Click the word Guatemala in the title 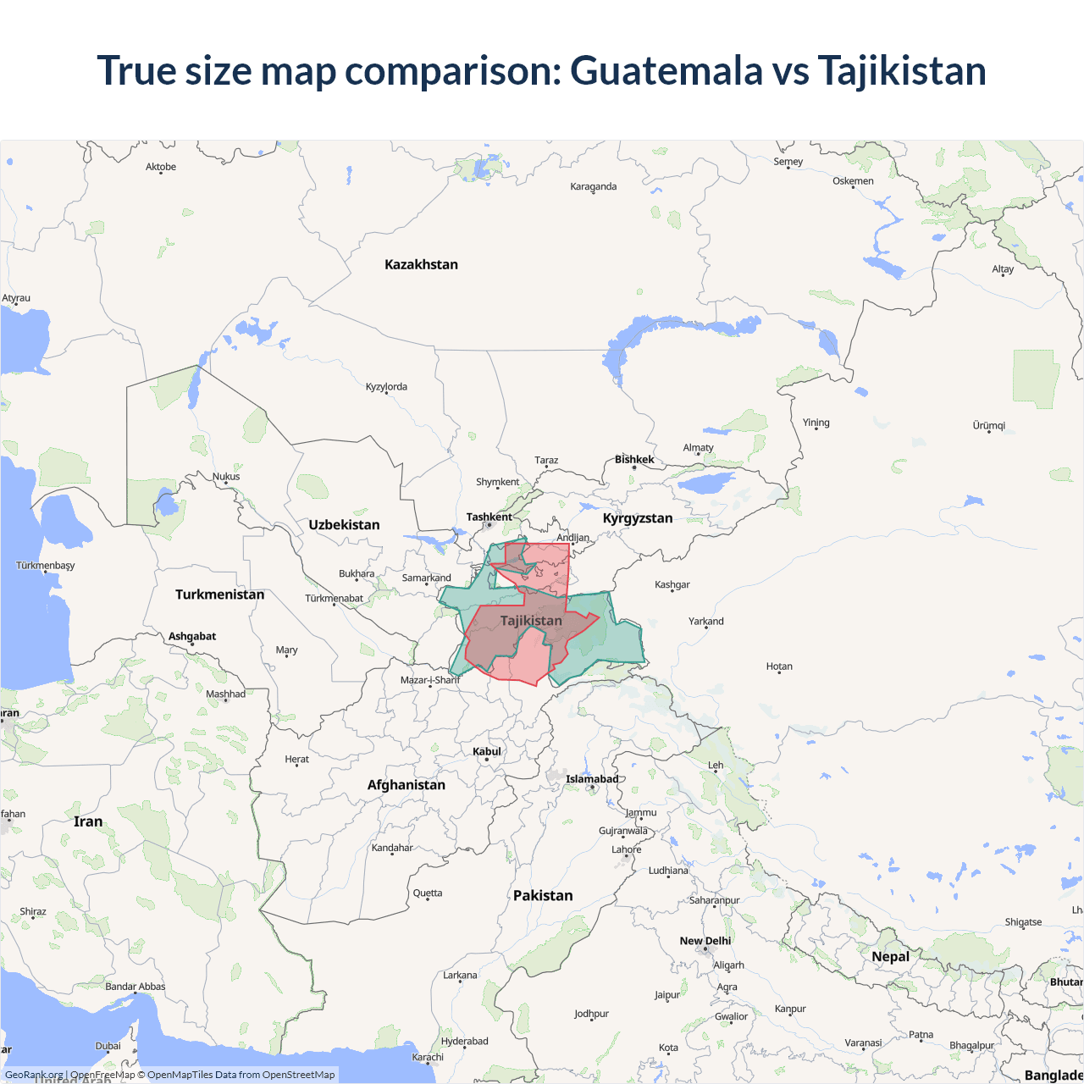point(666,70)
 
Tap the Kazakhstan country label point(421,264)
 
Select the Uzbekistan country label point(344,525)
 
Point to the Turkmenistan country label point(219,595)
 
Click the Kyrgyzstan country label point(638,518)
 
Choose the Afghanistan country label point(406,785)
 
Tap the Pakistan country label point(543,895)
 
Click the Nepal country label point(890,956)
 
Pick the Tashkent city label point(489,517)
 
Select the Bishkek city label point(634,459)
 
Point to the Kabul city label point(487,751)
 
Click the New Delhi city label point(705,941)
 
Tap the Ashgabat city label point(192,636)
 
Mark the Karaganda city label point(593,186)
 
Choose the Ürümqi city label point(988,425)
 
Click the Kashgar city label point(672,584)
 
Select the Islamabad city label point(592,779)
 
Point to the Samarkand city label point(426,578)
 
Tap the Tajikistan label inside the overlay point(531,621)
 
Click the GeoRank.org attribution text point(34,1075)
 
